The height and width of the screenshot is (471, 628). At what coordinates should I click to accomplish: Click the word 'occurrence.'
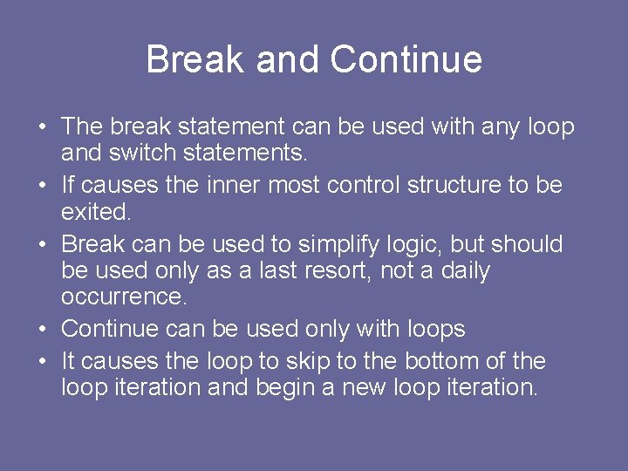click(124, 297)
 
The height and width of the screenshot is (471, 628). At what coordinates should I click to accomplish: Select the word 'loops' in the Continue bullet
click(435, 330)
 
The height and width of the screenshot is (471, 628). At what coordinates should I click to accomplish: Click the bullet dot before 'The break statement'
click(43, 128)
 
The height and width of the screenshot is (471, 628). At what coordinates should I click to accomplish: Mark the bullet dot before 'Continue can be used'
click(43, 330)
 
